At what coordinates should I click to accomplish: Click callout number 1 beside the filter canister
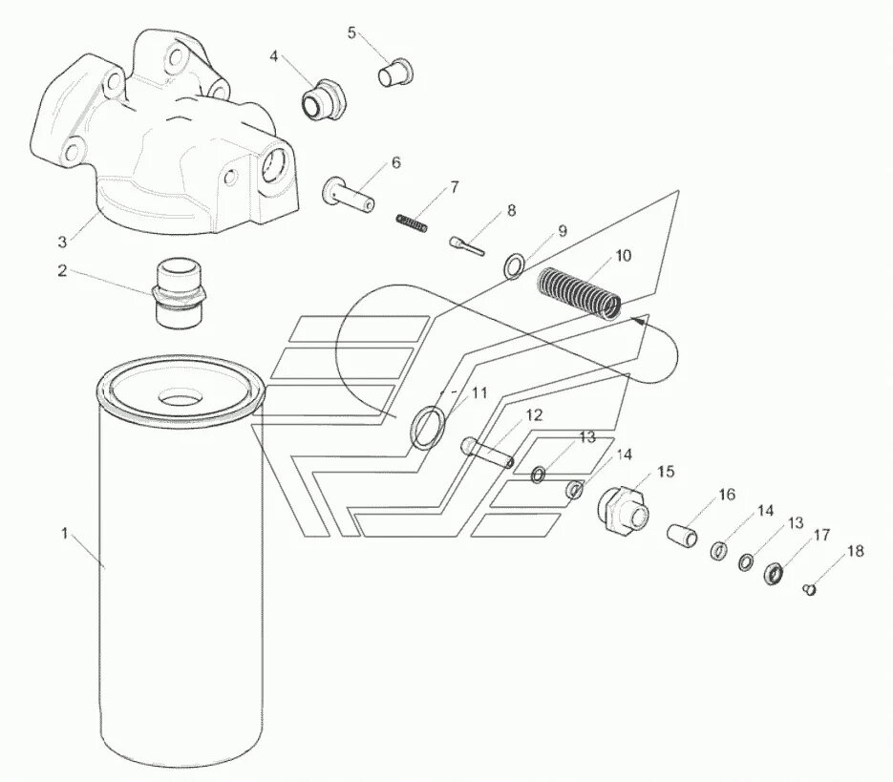tap(65, 534)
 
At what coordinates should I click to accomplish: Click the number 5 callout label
tap(351, 33)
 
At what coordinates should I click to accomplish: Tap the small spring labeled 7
tap(411, 223)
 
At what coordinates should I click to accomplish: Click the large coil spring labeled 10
tap(578, 292)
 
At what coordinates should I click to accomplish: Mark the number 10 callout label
tap(623, 255)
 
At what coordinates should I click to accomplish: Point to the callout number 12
tap(533, 415)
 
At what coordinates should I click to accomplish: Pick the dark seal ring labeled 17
tap(776, 573)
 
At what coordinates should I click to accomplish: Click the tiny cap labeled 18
tap(811, 589)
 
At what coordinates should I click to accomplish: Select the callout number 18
tap(855, 551)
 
